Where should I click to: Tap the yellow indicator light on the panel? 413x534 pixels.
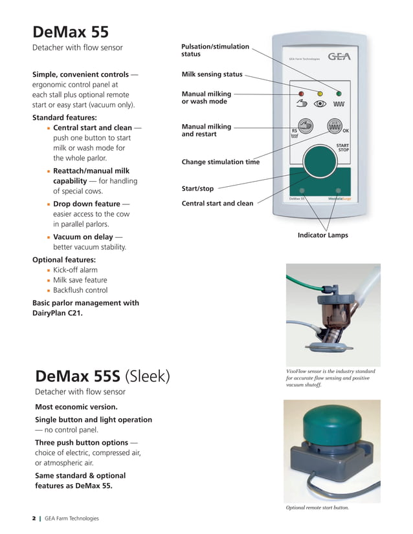[x=319, y=93]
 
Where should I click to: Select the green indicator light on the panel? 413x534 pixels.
[x=339, y=93]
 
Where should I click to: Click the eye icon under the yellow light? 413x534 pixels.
[x=319, y=103]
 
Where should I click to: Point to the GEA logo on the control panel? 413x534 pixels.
[x=339, y=56]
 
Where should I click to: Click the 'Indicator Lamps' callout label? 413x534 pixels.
[x=322, y=235]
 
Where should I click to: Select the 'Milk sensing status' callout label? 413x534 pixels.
[x=212, y=75]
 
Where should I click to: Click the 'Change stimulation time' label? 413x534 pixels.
[x=220, y=162]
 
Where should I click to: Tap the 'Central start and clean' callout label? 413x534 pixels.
[x=218, y=204]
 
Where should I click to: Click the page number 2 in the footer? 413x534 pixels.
[x=34, y=518]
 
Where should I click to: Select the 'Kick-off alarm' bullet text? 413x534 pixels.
[x=75, y=270]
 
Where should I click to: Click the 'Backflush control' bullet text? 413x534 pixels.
[x=80, y=290]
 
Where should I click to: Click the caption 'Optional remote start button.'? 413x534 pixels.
[x=317, y=508]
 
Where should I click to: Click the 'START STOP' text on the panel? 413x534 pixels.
[x=343, y=147]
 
